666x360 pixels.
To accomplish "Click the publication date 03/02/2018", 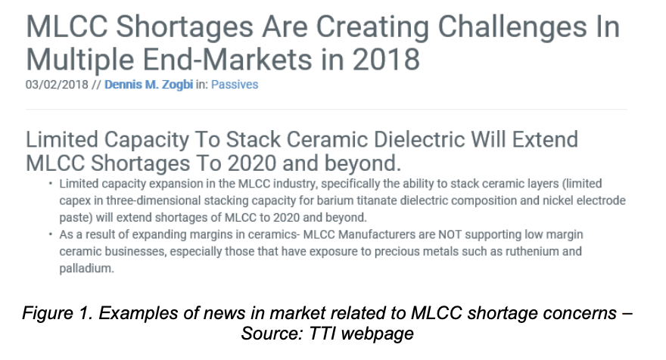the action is point(57,85).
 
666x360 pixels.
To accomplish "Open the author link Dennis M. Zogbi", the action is point(148,85).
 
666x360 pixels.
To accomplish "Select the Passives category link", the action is point(235,85).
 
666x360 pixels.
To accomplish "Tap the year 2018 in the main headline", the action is point(386,59).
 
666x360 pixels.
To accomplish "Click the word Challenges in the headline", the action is point(508,27).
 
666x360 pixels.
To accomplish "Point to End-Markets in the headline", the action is point(228,59).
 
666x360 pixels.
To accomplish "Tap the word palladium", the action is point(86,268).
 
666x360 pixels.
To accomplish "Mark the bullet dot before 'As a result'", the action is point(51,234).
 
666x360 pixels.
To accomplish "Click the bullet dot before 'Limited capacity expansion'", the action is point(51,183).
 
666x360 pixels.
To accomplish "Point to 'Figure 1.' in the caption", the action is point(58,313).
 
